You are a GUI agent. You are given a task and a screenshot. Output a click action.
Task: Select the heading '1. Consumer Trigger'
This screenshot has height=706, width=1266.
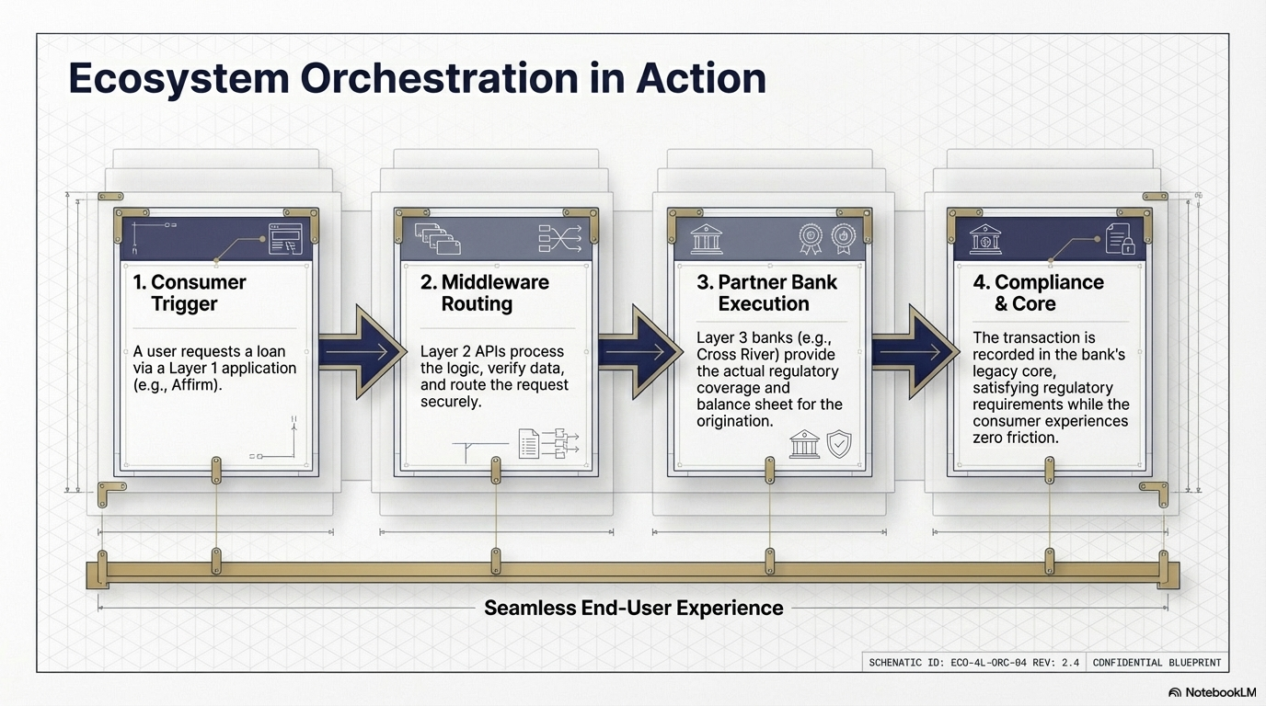(190, 292)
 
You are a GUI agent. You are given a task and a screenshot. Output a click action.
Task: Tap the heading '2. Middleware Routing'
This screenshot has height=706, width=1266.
(484, 292)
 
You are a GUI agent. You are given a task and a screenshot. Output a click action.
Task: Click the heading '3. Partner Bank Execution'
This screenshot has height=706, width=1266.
(766, 292)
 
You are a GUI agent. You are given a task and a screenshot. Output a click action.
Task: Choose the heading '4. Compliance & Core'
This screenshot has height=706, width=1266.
(1038, 292)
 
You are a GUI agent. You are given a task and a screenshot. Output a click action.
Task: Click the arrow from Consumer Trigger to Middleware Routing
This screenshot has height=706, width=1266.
(361, 351)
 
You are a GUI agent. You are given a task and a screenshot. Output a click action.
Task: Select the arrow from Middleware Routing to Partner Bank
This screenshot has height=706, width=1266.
(639, 351)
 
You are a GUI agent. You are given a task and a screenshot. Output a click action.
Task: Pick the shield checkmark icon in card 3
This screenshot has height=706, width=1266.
(839, 444)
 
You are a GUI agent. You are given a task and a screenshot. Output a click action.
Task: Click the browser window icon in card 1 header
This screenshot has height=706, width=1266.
(284, 239)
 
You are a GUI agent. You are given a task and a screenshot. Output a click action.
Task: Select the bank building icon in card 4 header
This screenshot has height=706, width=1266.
(985, 239)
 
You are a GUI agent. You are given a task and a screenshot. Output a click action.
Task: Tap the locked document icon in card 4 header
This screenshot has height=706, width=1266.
(1119, 239)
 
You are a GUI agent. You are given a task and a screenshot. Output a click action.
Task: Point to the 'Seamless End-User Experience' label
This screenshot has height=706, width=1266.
(633, 608)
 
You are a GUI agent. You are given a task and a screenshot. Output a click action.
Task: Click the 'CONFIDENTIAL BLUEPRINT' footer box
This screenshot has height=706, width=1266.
(1156, 662)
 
